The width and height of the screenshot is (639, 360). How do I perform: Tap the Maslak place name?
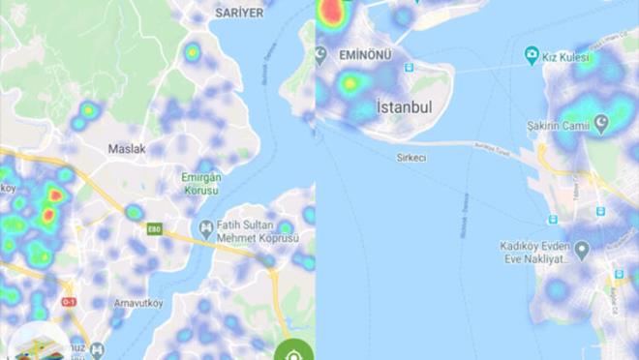pos(126,149)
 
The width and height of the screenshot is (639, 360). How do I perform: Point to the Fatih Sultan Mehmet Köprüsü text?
pos(256,232)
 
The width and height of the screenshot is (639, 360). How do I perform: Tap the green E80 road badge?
pos(154,229)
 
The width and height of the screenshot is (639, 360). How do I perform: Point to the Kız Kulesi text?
pos(568,58)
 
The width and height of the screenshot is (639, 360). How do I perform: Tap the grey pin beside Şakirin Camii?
pos(601,123)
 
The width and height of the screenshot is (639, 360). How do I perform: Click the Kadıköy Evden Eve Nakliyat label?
pos(532,254)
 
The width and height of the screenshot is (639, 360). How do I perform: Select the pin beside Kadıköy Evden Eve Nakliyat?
pos(582,250)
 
